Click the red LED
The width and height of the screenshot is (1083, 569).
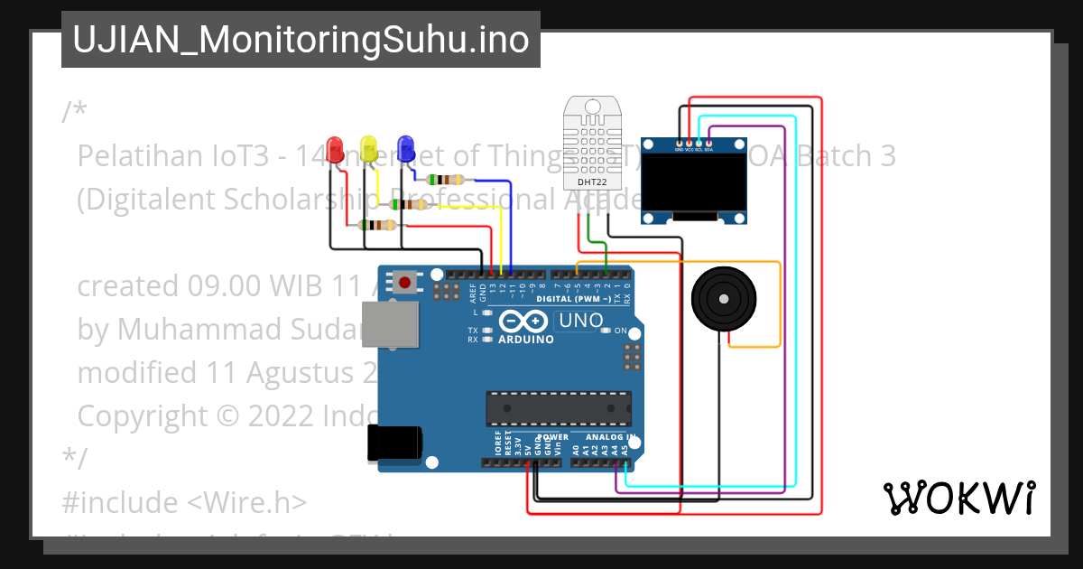335,148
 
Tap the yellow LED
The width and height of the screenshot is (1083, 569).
368,148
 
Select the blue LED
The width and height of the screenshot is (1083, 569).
405,146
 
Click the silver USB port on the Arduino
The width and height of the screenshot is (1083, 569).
390,323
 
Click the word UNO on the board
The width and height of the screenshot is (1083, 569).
581,320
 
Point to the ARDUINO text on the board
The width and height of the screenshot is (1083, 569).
525,340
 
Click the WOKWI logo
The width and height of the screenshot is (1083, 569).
958,498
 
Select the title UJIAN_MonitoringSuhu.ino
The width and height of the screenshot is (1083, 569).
301,40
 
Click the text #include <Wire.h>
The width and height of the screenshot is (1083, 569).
185,501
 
